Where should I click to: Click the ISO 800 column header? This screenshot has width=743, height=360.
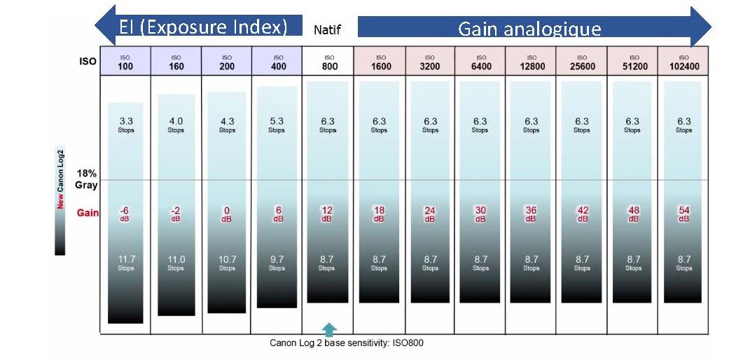(x=328, y=62)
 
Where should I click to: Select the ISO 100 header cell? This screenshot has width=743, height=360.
(x=125, y=62)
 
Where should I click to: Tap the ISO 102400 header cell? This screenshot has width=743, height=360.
(x=683, y=62)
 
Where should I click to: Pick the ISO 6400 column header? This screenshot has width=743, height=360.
(x=480, y=62)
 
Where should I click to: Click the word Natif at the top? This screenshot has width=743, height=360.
(x=327, y=29)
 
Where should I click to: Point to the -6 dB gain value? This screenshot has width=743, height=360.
(x=125, y=214)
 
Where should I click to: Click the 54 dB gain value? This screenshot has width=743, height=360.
(x=684, y=214)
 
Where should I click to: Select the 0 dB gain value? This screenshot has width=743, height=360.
(x=227, y=214)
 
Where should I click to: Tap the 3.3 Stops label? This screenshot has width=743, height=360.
(x=126, y=125)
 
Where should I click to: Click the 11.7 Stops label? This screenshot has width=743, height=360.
(x=126, y=263)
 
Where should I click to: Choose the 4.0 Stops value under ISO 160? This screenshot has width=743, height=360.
(x=176, y=125)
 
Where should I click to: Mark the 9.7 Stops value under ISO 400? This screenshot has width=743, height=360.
(x=277, y=263)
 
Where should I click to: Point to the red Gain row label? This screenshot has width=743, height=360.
(x=88, y=214)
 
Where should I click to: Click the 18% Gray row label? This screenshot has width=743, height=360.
(x=86, y=179)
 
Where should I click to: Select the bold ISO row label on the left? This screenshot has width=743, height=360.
(x=88, y=62)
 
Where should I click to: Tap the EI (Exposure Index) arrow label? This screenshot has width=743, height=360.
(x=203, y=27)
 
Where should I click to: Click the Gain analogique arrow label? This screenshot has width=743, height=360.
(x=529, y=29)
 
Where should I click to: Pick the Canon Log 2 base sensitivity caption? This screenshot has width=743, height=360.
(x=347, y=343)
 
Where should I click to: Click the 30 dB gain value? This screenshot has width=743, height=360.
(x=480, y=214)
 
